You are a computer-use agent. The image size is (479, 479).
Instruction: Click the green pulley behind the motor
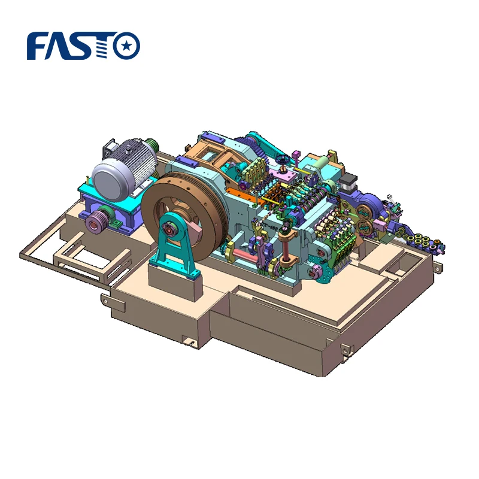click(154, 145)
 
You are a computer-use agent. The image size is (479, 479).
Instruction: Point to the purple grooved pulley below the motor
click(95, 222)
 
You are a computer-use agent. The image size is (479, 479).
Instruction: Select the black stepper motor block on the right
click(351, 183)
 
